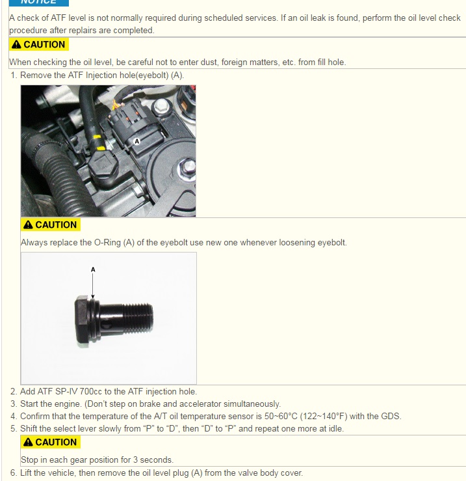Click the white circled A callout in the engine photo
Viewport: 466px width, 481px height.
[137, 141]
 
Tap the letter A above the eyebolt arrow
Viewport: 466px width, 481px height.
[93, 269]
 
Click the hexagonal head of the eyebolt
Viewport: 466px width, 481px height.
[82, 321]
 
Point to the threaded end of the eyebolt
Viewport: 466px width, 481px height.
[138, 318]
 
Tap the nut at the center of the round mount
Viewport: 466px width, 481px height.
[186, 168]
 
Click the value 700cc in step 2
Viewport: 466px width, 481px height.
[91, 392]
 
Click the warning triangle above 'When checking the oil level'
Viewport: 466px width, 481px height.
[16, 44]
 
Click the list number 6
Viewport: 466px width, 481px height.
[13, 473]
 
